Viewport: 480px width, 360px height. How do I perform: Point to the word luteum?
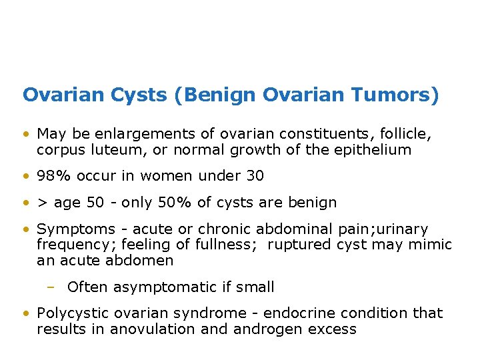click(119, 150)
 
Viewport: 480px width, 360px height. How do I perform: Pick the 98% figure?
click(51, 176)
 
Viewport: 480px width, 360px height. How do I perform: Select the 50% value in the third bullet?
click(189, 203)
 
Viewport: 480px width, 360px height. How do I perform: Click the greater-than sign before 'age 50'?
click(42, 203)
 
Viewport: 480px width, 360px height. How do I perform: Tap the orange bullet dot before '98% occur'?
click(25, 177)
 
